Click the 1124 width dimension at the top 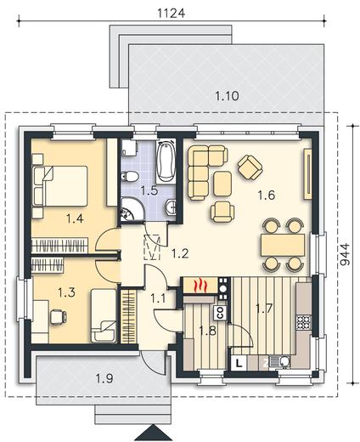[171, 14]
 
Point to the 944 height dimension [345, 255]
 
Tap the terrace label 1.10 [227, 96]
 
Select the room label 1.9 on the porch [104, 378]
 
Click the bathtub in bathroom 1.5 [166, 161]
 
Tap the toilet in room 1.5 [129, 177]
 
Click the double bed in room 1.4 [60, 186]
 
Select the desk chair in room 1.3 [59, 316]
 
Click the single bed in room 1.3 [104, 315]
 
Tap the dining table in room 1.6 [283, 244]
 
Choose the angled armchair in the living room [250, 167]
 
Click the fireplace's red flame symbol [200, 286]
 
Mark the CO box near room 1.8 [221, 313]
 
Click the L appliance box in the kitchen [239, 363]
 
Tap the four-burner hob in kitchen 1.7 [304, 322]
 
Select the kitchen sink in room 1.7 [280, 362]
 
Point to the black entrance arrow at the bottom [153, 433]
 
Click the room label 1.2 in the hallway [180, 253]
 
